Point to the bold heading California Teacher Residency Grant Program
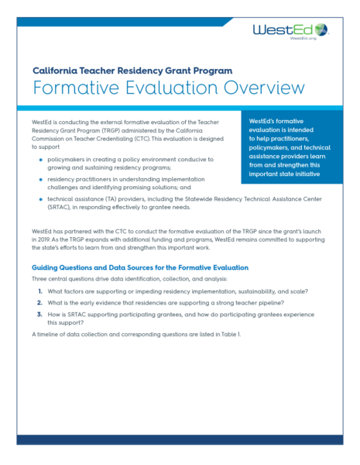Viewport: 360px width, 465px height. (132, 70)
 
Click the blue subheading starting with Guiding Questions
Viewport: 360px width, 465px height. (140, 267)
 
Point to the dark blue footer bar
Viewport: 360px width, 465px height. (180, 439)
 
